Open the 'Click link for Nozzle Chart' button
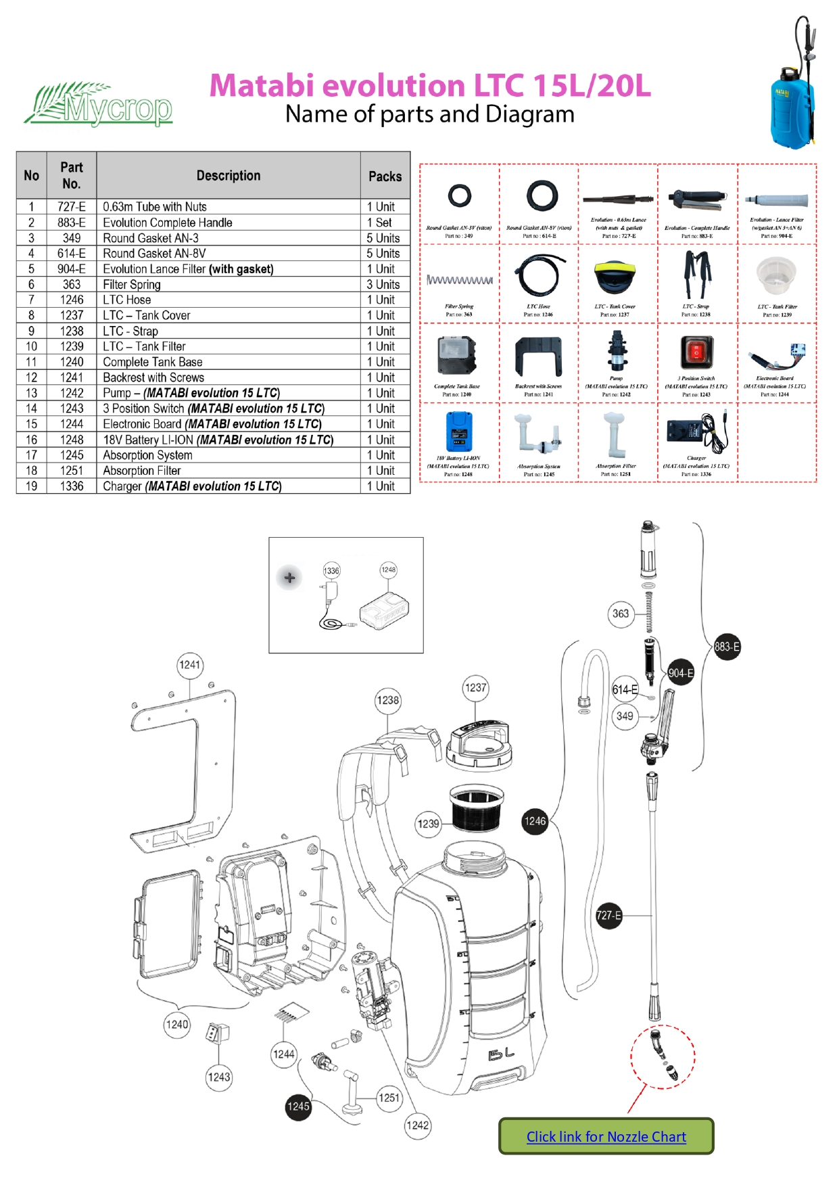click(606, 1136)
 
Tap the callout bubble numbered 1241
click(190, 665)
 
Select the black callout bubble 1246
click(535, 821)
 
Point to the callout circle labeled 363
click(621, 614)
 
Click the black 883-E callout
click(727, 647)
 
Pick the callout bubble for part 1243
click(218, 1077)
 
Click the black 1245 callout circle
click(298, 1107)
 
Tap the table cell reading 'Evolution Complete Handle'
click(168, 223)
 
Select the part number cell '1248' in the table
click(72, 440)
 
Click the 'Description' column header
click(228, 176)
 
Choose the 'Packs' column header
click(385, 177)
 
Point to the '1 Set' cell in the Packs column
click(385, 223)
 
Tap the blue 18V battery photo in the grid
click(459, 431)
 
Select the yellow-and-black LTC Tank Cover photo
click(615, 276)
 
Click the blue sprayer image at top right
click(794, 88)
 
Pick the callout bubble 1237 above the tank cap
click(475, 688)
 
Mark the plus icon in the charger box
click(289, 578)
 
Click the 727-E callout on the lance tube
click(608, 916)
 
